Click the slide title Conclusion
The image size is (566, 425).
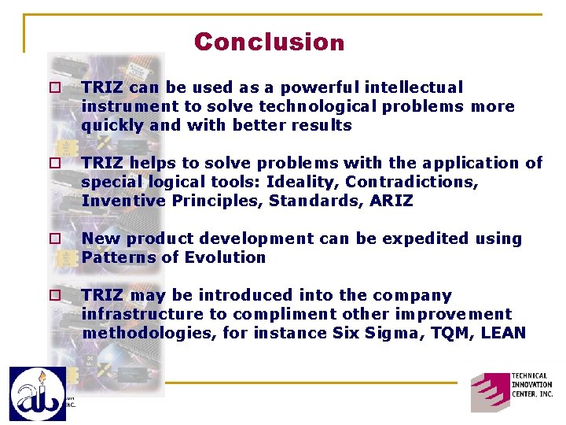click(x=269, y=42)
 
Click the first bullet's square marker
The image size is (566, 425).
click(x=55, y=88)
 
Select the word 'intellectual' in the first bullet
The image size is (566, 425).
click(x=417, y=87)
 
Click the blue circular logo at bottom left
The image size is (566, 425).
click(x=37, y=393)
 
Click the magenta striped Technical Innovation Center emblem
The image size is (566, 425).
click(x=489, y=391)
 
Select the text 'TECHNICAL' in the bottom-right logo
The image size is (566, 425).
click(x=531, y=377)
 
